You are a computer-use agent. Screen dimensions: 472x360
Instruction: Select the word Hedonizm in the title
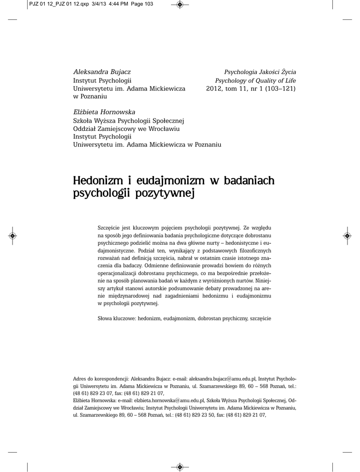pyautogui.click(x=96, y=181)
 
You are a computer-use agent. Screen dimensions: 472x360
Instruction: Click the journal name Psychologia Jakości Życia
pyautogui.click(x=260, y=72)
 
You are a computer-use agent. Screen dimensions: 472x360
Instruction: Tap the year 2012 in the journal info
pyautogui.click(x=214, y=88)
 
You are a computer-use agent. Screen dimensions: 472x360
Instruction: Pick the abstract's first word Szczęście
pyautogui.click(x=109, y=228)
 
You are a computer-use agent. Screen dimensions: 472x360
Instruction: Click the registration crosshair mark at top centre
pyautogui.click(x=180, y=5)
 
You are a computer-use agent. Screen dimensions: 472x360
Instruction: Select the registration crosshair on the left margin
pyautogui.click(x=12, y=236)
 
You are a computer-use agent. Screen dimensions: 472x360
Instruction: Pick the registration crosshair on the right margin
pyautogui.click(x=347, y=236)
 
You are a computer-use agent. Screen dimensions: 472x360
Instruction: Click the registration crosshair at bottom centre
pyautogui.click(x=180, y=467)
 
